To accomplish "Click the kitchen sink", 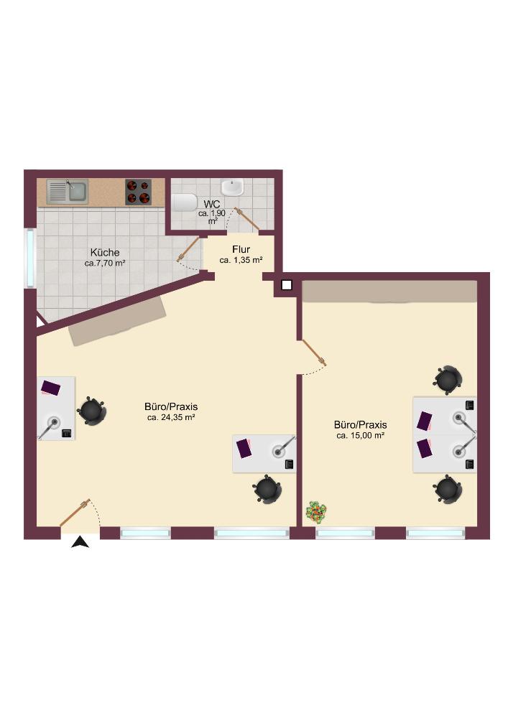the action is [68, 192].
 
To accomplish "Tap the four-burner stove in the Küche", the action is [139, 192].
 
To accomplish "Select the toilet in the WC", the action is [184, 202].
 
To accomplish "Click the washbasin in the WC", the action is [233, 187].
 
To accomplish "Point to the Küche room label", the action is [105, 252].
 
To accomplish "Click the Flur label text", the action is [241, 250].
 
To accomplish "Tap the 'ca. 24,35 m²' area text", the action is [171, 417].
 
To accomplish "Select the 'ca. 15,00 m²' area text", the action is [360, 436].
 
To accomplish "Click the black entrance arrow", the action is [80, 542].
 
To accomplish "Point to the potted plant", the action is [317, 512].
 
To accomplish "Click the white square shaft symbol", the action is [286, 285].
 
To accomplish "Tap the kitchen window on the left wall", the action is [30, 258].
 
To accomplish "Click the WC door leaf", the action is [247, 219].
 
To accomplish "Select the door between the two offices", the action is [313, 353].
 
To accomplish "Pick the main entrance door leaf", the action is [75, 513].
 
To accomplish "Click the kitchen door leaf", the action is [189, 249].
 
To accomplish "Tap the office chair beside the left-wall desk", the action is [92, 411].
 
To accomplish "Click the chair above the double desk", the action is [448, 380].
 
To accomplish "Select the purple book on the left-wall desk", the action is [50, 388].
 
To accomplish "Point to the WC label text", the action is [212, 204].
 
